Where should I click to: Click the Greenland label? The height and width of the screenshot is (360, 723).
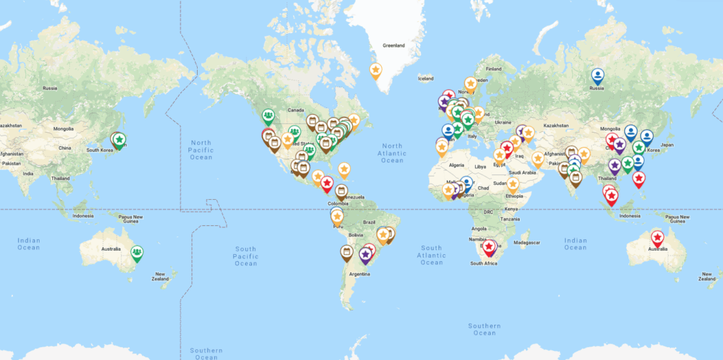tap(393, 46)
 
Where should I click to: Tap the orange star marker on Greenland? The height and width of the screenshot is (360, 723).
tap(376, 71)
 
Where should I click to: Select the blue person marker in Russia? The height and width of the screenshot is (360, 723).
tap(597, 75)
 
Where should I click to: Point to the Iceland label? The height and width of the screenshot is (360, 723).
tap(425, 78)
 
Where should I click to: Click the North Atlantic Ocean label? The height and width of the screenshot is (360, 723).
tap(392, 153)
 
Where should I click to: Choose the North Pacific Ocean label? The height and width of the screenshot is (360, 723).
tap(201, 149)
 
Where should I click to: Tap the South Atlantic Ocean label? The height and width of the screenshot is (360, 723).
tap(431, 255)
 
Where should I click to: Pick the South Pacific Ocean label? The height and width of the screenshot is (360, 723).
tap(246, 256)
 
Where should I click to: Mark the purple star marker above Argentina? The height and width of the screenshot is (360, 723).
tap(365, 254)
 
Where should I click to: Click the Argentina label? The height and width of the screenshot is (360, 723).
tap(359, 273)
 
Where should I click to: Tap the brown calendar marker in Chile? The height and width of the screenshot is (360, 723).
tap(346, 252)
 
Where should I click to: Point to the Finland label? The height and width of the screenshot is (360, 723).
tap(493, 68)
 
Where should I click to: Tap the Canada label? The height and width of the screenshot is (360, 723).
tap(294, 110)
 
